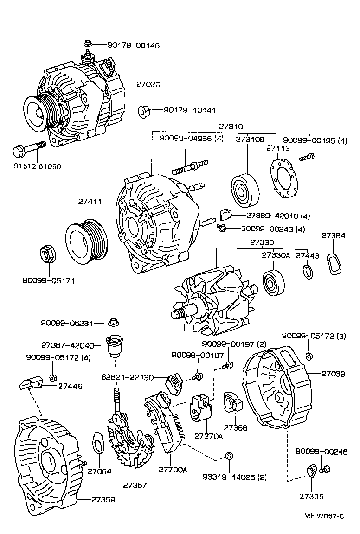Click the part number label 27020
point(148,85)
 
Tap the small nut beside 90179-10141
point(144,111)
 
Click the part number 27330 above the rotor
point(262,242)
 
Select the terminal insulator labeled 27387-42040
point(114,346)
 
